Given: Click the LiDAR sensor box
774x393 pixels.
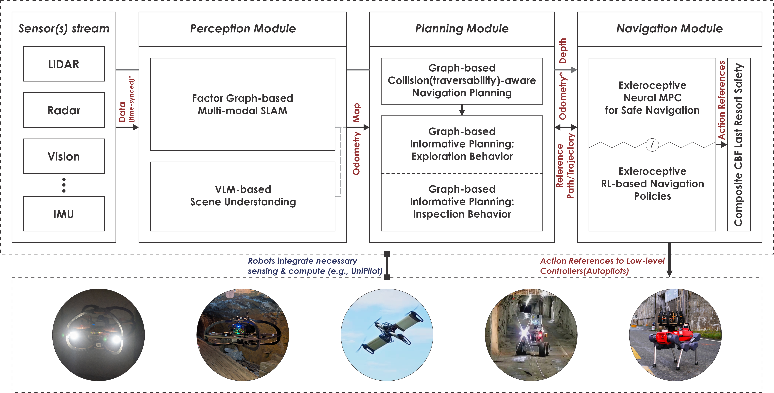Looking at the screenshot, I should tap(64, 64).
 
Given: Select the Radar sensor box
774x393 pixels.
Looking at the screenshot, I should tap(64, 110).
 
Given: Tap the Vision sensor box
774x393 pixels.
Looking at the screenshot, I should tap(64, 156).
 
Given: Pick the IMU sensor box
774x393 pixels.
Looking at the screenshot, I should tap(64, 214).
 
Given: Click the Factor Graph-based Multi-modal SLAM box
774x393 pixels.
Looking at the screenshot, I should tap(242, 104).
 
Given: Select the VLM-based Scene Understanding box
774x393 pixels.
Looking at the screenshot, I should tap(242, 196).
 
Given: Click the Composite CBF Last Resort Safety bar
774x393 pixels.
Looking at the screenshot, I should tap(739, 144).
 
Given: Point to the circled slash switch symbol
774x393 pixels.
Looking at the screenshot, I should tap(652, 145).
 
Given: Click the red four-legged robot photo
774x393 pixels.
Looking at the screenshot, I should tap(675, 335).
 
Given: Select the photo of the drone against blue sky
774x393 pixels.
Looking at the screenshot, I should tap(387, 335).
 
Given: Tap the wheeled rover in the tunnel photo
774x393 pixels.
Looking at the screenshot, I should tap(531, 335).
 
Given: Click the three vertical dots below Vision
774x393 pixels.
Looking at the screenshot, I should tap(64, 185).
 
